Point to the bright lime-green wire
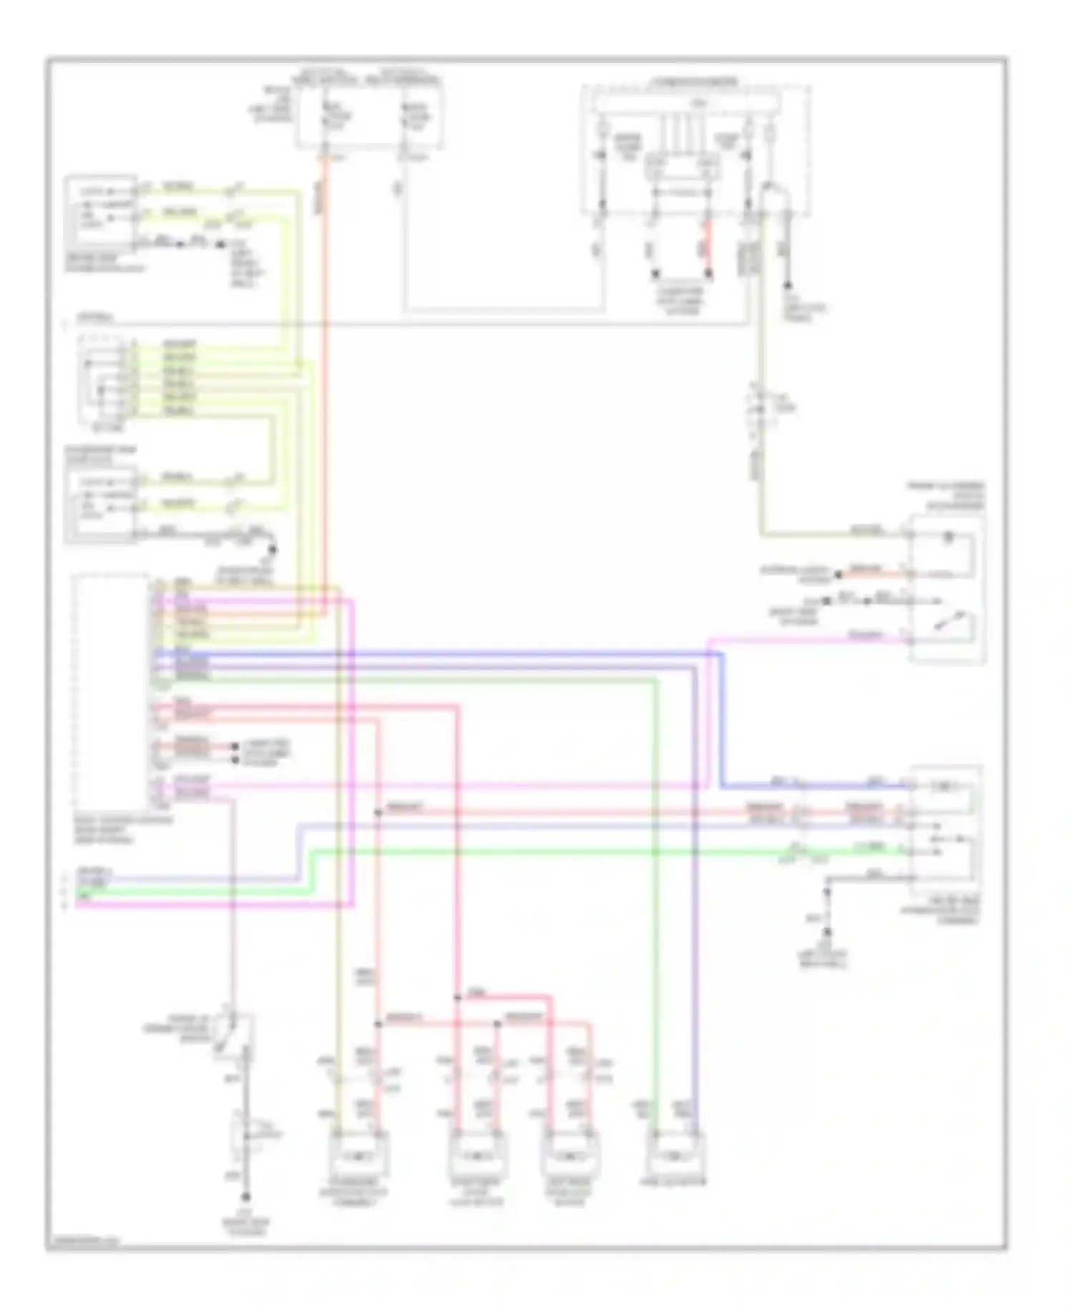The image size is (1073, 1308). pos(544,851)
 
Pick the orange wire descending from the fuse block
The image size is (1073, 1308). pos(325,358)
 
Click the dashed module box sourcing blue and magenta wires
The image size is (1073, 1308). pos(111,690)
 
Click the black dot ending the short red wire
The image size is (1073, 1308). pos(709,274)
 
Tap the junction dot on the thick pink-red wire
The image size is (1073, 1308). pos(457,997)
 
